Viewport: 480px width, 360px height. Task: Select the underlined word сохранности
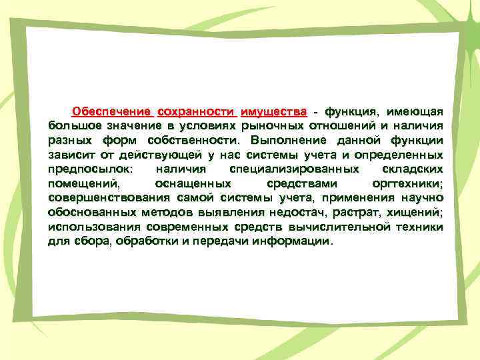tap(196, 110)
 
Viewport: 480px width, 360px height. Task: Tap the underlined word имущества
tap(274, 110)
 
